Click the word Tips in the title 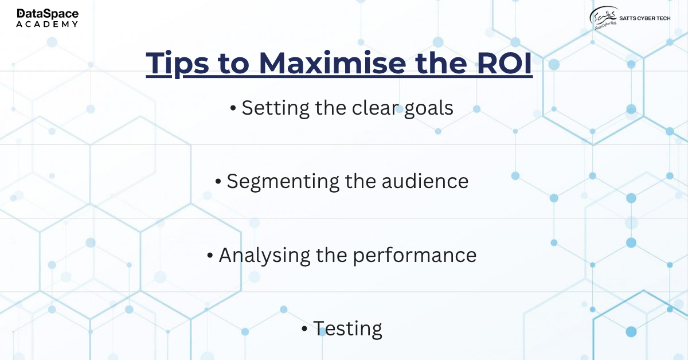177,64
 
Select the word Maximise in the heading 332,62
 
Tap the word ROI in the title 505,63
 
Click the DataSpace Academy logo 47,18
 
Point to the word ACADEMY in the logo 47,24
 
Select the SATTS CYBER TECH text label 644,18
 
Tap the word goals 428,108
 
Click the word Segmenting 283,182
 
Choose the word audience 425,181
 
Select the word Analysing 264,255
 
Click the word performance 415,255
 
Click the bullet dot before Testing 304,328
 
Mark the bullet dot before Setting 233,108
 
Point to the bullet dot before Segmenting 218,181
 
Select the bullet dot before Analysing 210,255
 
